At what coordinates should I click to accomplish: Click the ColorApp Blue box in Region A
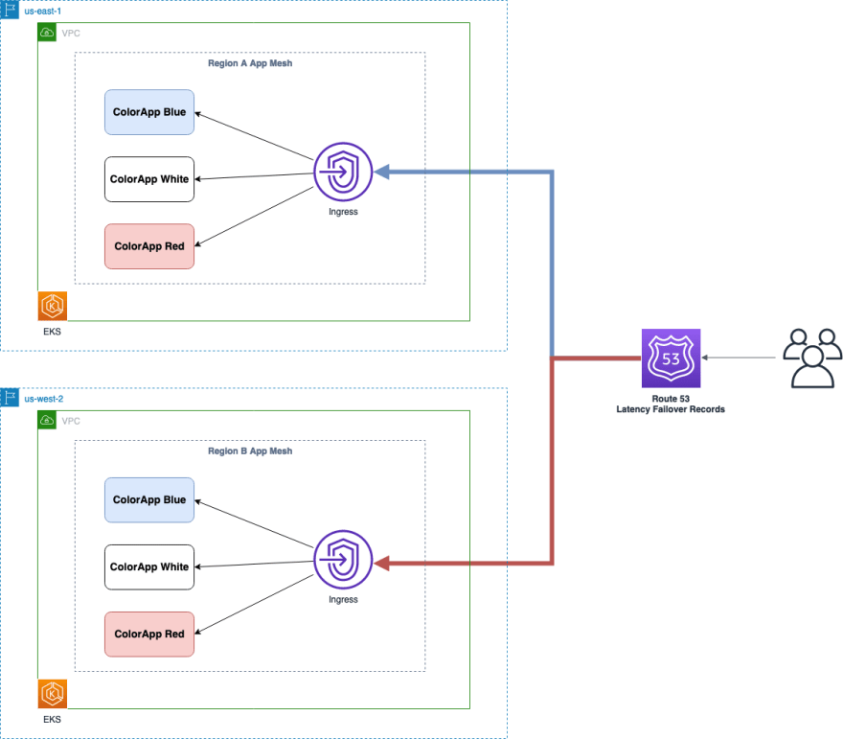pyautogui.click(x=149, y=112)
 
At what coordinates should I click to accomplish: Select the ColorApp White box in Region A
pyautogui.click(x=149, y=179)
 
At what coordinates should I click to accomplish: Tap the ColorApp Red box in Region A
pyautogui.click(x=149, y=246)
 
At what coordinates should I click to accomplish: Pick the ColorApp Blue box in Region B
pyautogui.click(x=149, y=499)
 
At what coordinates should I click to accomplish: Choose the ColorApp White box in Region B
pyautogui.click(x=149, y=566)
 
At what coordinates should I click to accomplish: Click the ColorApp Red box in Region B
pyautogui.click(x=149, y=635)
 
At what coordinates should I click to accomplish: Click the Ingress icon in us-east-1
pyautogui.click(x=343, y=173)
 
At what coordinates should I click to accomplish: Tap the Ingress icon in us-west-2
pyautogui.click(x=343, y=560)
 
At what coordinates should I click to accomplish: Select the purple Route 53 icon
pyautogui.click(x=671, y=358)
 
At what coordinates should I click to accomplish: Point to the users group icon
pyautogui.click(x=812, y=358)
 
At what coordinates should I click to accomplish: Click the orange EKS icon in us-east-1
pyautogui.click(x=53, y=306)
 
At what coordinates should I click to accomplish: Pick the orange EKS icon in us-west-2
pyautogui.click(x=53, y=694)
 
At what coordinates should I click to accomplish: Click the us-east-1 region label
pyautogui.click(x=42, y=12)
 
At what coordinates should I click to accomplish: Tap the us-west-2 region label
pyautogui.click(x=43, y=399)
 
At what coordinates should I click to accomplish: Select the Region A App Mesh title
pyautogui.click(x=250, y=63)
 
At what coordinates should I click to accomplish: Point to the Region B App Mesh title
pyautogui.click(x=250, y=451)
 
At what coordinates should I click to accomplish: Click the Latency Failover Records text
pyautogui.click(x=671, y=409)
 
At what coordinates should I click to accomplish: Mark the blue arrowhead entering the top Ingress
pyautogui.click(x=381, y=173)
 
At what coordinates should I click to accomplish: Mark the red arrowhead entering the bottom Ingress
pyautogui.click(x=381, y=564)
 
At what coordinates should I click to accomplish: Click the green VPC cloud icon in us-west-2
pyautogui.click(x=47, y=420)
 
